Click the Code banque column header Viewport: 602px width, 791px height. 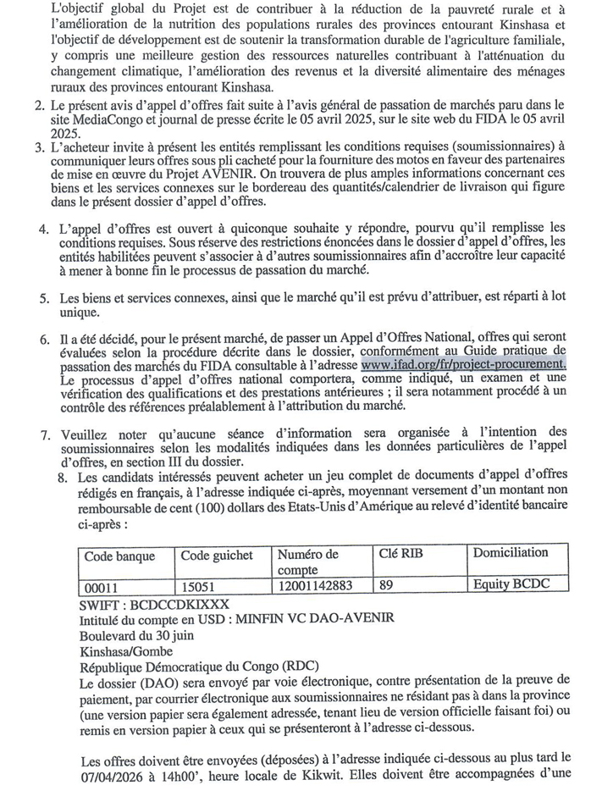pyautogui.click(x=119, y=557)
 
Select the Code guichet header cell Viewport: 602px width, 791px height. pyautogui.click(x=216, y=556)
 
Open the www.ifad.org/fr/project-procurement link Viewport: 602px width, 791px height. pyautogui.click(x=463, y=364)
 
